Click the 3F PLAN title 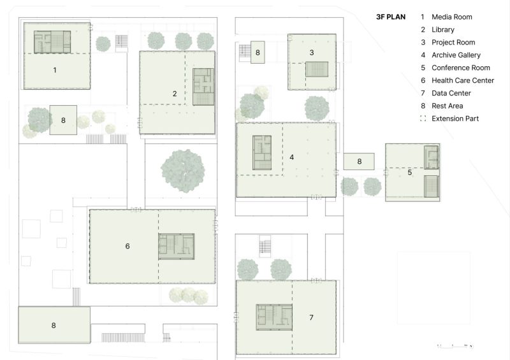point(391,17)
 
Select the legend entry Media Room point(452,17)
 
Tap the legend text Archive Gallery point(456,55)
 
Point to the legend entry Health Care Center point(463,80)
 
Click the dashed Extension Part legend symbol point(423,119)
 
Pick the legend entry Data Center point(451,93)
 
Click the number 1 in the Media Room point(55,70)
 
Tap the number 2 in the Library point(175,94)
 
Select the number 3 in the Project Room point(312,52)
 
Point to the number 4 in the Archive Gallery point(292,157)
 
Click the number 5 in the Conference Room point(410,173)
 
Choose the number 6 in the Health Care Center point(127,246)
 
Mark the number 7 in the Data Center point(311,317)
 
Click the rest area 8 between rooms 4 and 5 point(359,161)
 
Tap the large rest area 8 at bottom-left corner point(54,325)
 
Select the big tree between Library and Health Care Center point(183,171)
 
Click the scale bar point(455,346)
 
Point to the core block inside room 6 point(177,247)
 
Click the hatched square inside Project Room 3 point(316,69)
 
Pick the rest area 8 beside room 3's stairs point(258,52)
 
